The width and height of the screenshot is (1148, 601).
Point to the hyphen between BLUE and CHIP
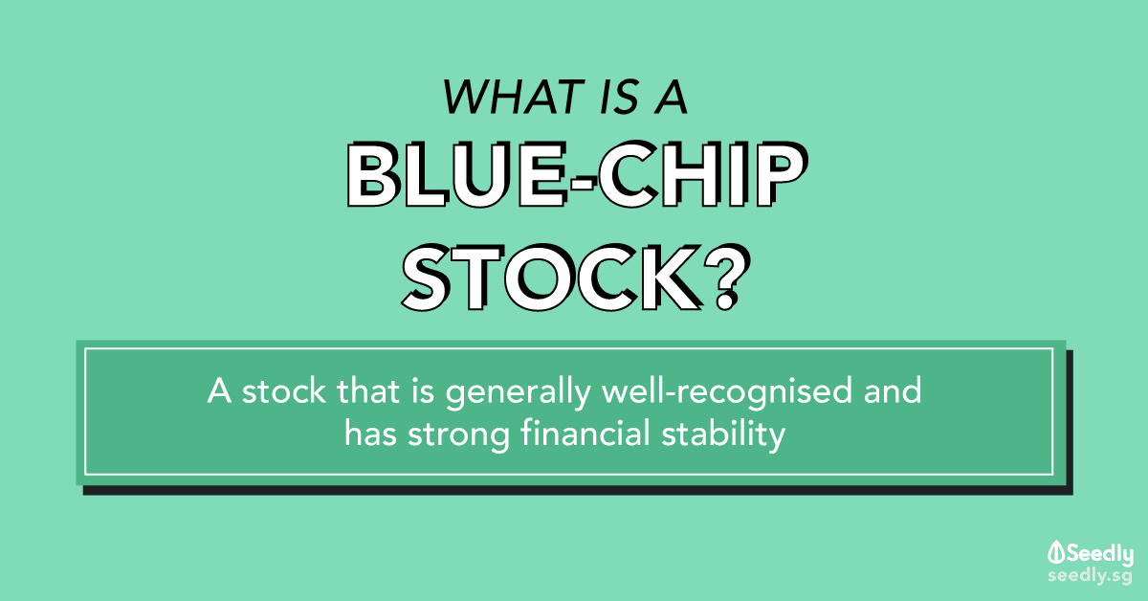pos(584,181)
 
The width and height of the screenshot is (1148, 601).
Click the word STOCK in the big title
pos(551,278)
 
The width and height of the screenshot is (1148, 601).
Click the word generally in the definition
pos(518,392)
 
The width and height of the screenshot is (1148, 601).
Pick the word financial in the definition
pos(585,434)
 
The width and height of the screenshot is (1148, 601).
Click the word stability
pos(723,435)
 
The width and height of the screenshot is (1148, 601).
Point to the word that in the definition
pos(367,390)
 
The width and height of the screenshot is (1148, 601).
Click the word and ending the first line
pos(893,390)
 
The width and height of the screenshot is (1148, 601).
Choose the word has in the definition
pos(370,434)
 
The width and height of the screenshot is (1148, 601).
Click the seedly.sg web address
pos(1090,576)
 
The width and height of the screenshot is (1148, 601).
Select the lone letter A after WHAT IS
pos(671,97)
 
